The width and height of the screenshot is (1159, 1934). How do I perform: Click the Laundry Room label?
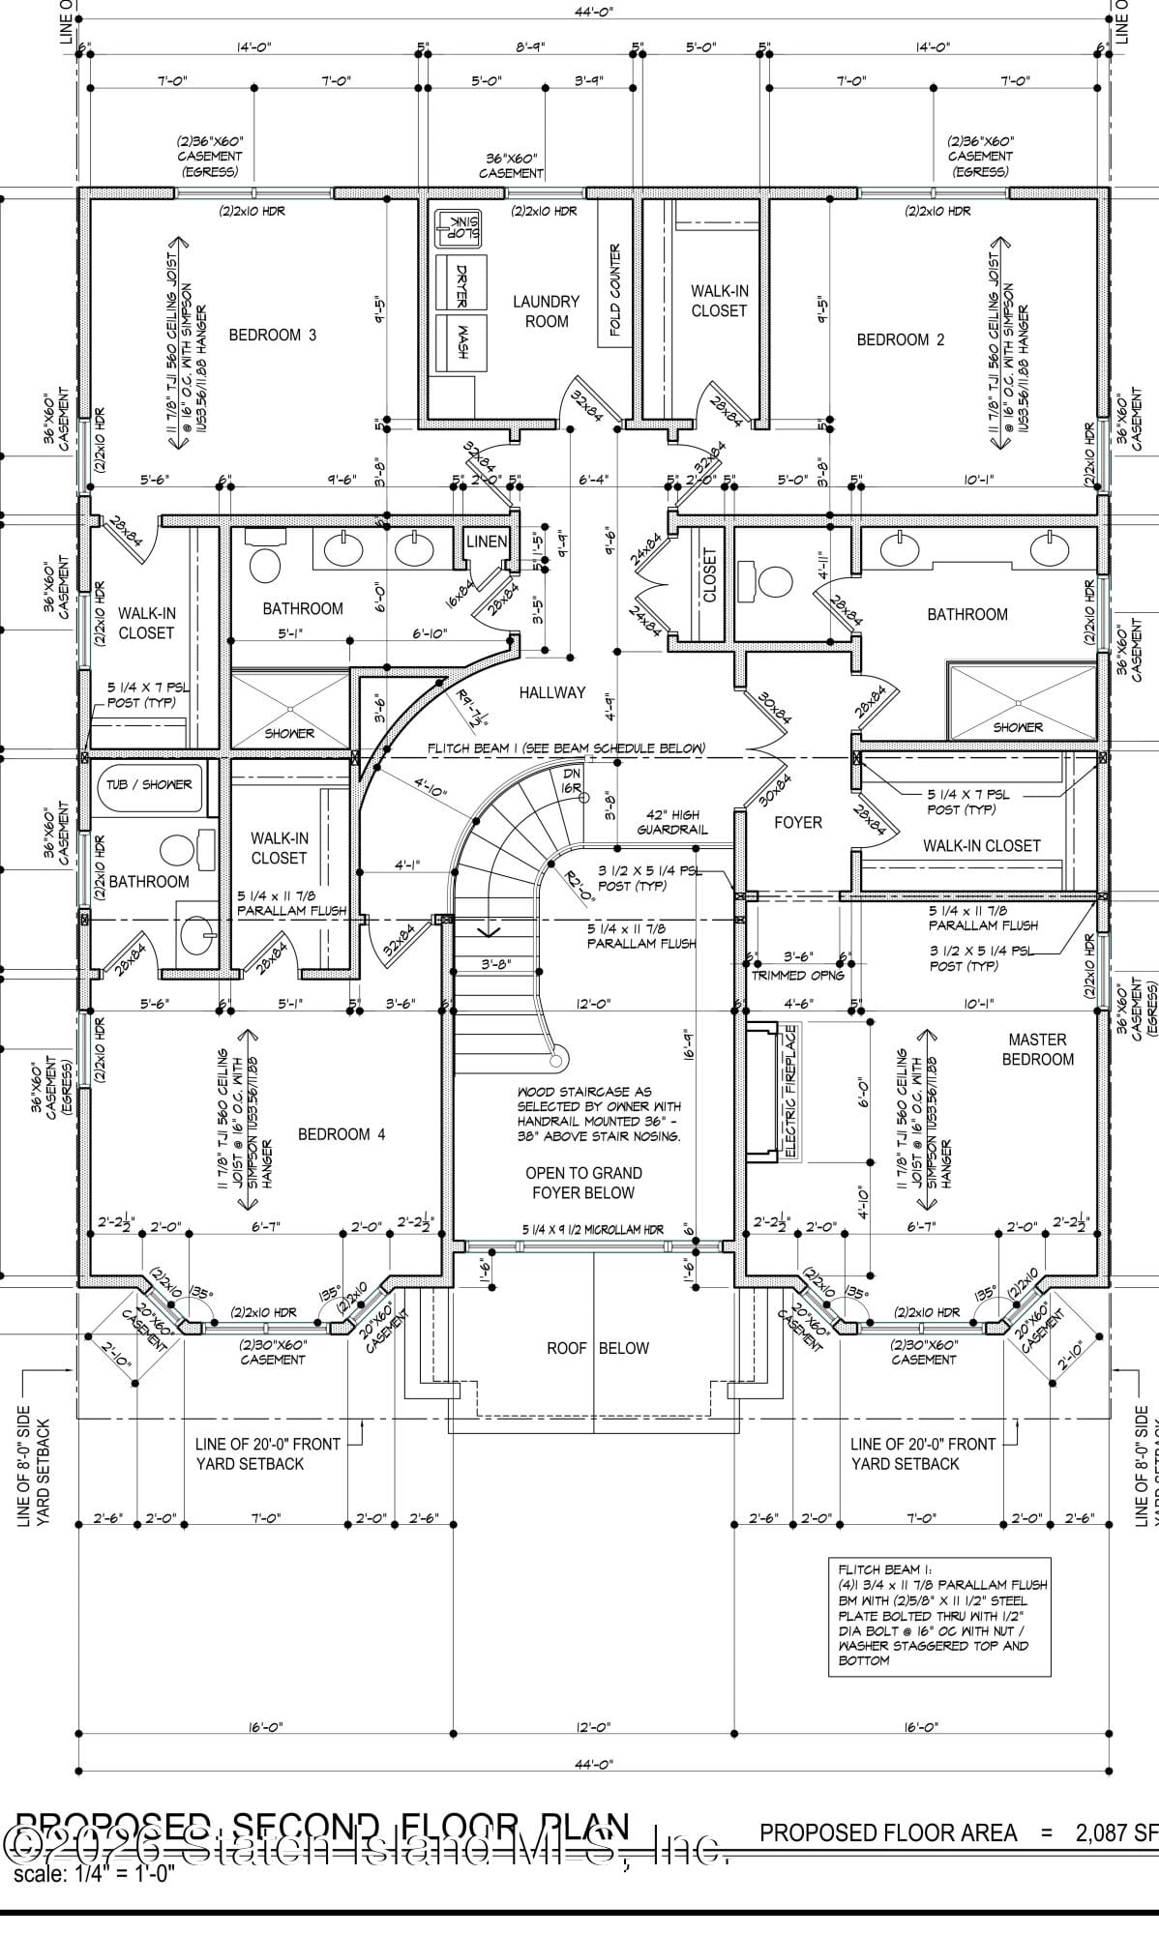point(546,311)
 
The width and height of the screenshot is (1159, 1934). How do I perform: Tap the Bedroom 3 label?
point(272,336)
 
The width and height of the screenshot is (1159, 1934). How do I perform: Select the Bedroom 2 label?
point(900,339)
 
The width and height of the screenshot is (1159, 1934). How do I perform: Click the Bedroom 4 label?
point(341,1134)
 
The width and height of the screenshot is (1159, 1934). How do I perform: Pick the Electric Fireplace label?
point(790,1091)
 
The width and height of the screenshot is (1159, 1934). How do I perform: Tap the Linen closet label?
point(486,542)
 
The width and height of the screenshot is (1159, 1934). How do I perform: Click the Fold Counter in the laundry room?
point(614,290)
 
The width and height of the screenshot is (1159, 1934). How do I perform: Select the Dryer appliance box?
point(461,281)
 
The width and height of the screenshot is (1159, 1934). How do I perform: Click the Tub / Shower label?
point(150,784)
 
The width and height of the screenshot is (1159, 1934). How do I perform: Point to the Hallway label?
point(551,692)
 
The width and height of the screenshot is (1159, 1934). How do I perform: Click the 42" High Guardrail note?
point(671,822)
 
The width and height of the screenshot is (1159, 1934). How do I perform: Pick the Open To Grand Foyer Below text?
point(583,1183)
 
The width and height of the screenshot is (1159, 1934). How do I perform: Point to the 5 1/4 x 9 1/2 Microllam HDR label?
point(593,1229)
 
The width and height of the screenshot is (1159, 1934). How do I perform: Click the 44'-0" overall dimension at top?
point(592,12)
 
